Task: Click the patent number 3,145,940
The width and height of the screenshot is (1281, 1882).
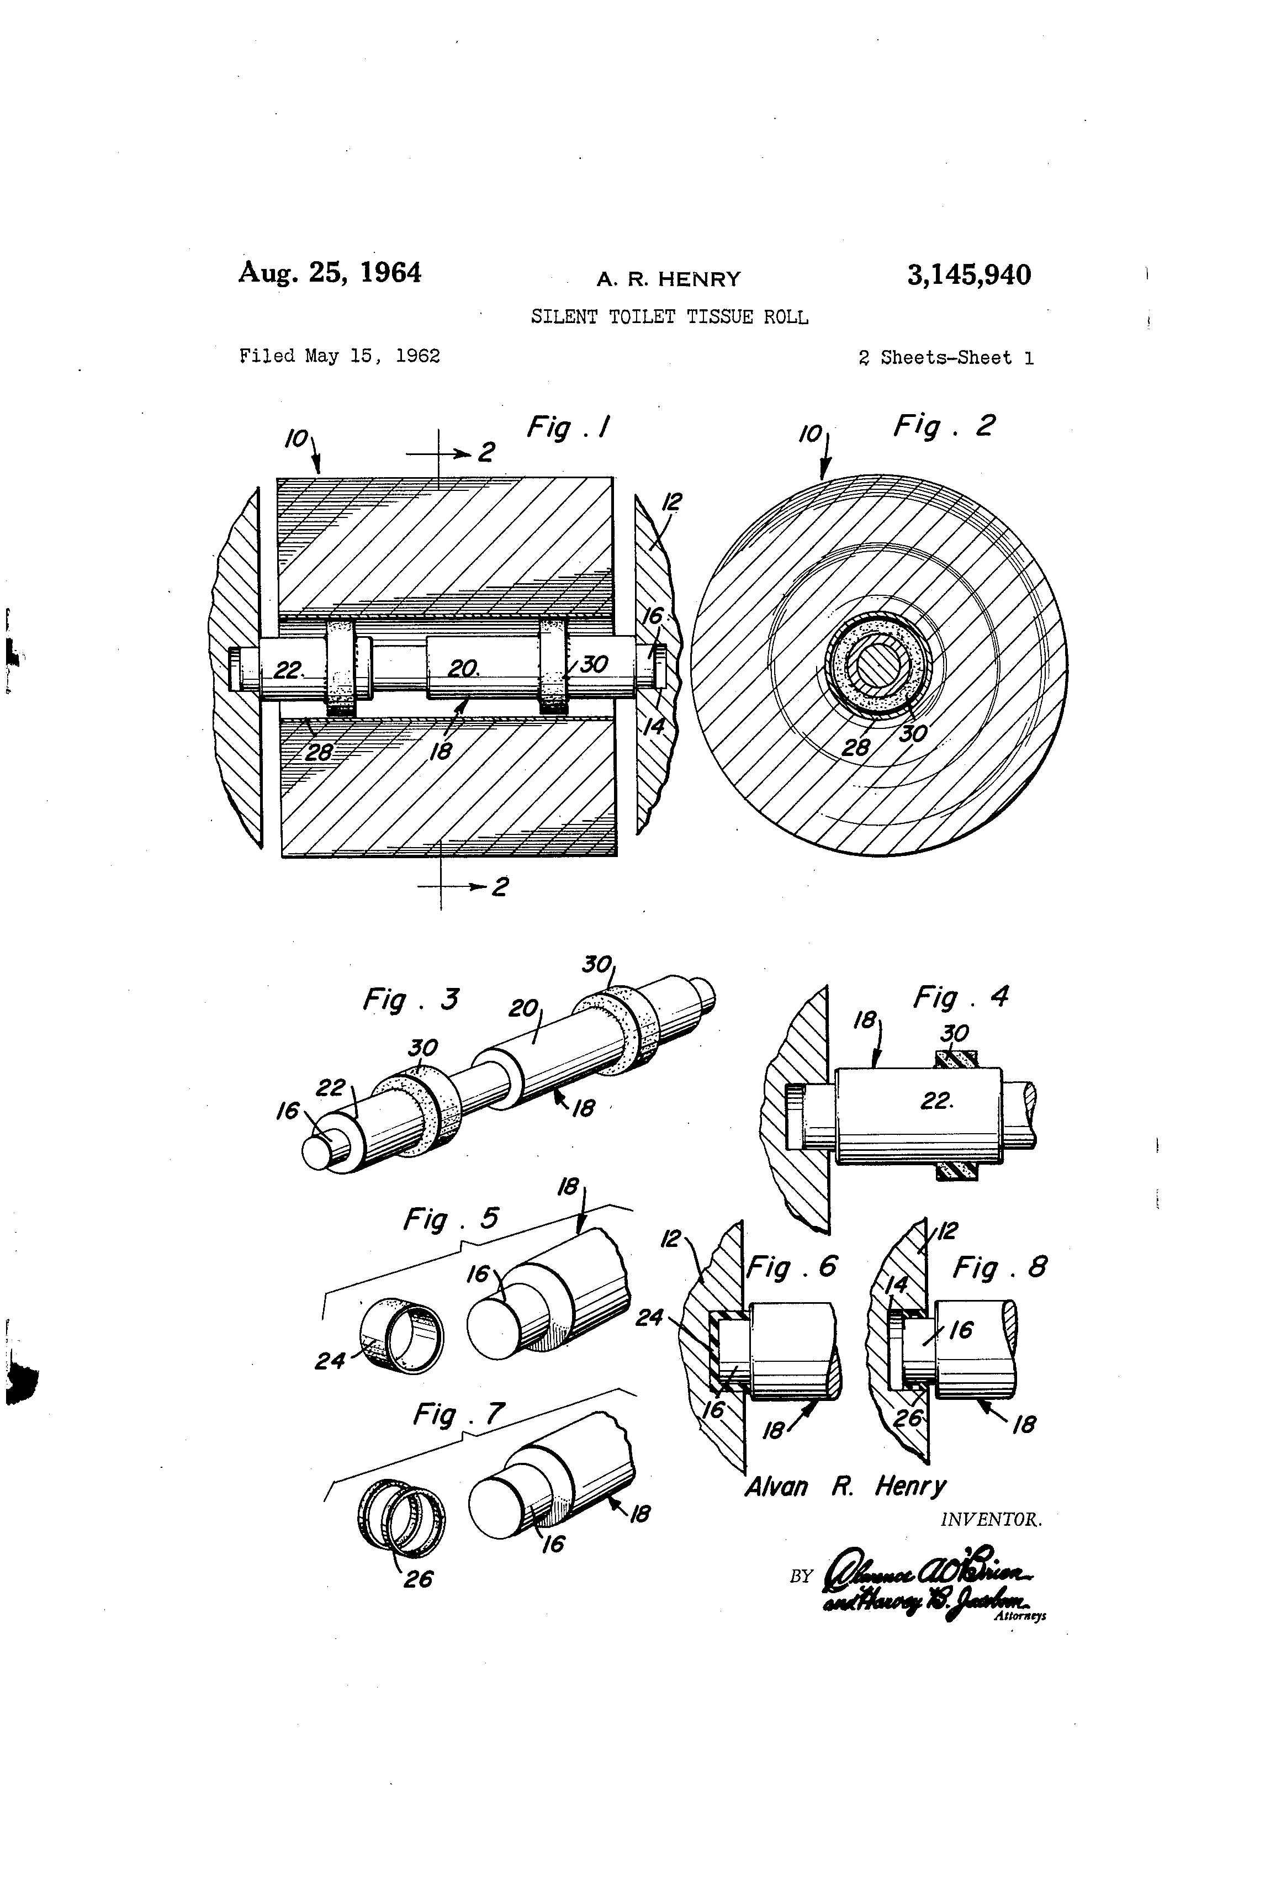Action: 968,276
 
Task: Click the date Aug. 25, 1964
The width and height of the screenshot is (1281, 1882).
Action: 330,272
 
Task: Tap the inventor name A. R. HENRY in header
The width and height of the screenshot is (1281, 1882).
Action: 668,279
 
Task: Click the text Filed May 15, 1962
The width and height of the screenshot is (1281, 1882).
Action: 339,356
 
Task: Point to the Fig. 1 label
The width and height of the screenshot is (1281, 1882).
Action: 568,427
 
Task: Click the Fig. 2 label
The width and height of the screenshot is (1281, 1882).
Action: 943,425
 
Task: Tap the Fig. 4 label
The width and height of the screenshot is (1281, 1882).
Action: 960,996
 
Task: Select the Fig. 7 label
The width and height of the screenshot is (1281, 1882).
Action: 458,1414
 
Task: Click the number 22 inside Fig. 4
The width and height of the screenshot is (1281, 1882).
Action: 935,1101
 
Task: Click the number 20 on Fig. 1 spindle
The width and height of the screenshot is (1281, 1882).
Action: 462,668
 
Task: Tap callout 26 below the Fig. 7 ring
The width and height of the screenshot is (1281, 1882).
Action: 418,1579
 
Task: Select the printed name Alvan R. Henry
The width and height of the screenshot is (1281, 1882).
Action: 845,1486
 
